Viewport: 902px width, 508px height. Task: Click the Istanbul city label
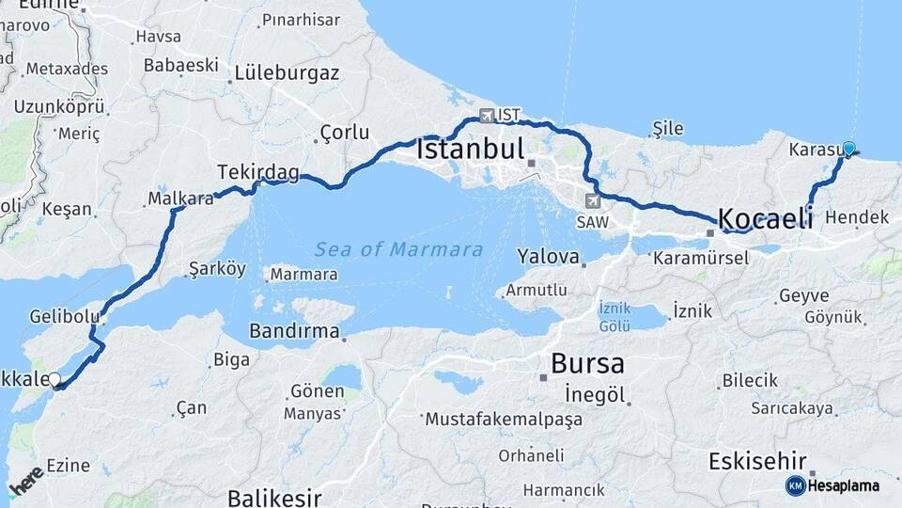coord(470,150)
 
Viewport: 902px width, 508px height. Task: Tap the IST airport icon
coord(486,117)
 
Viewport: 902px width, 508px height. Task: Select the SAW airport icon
coord(592,200)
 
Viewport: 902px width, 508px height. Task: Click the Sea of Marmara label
coord(399,250)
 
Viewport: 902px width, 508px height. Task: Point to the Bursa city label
coord(587,363)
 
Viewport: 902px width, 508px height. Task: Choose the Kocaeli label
coord(766,219)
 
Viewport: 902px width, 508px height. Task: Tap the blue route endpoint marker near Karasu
coord(848,149)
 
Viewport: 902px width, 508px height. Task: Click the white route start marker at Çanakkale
coord(54,380)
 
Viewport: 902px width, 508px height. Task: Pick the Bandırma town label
coord(294,331)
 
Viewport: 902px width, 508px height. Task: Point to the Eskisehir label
coord(757,462)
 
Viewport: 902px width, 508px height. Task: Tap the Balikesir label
coord(274,497)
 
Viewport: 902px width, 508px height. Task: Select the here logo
coord(25,482)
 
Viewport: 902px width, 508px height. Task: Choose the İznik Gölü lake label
coord(614,317)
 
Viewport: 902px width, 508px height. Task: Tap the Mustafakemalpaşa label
coord(504,419)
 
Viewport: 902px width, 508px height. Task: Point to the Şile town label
coord(668,129)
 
